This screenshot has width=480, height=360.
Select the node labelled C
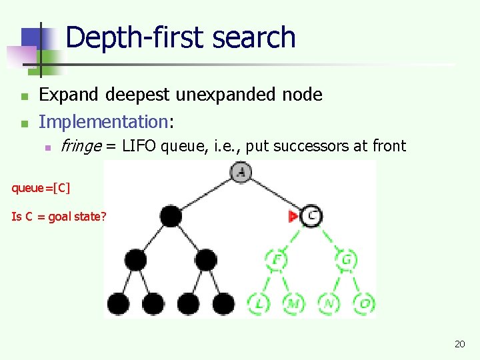(x=311, y=216)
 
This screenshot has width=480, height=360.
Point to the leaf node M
(x=293, y=304)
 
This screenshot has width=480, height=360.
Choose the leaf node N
(x=329, y=304)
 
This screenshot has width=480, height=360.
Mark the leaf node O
(x=364, y=304)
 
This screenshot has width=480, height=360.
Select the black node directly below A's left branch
(x=171, y=216)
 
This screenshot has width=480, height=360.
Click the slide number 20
(x=459, y=344)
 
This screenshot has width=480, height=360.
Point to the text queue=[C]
(x=41, y=188)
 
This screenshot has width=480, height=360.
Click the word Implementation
(x=103, y=121)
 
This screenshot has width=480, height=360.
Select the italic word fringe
(x=81, y=146)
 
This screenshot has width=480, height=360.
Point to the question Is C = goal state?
(x=59, y=216)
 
